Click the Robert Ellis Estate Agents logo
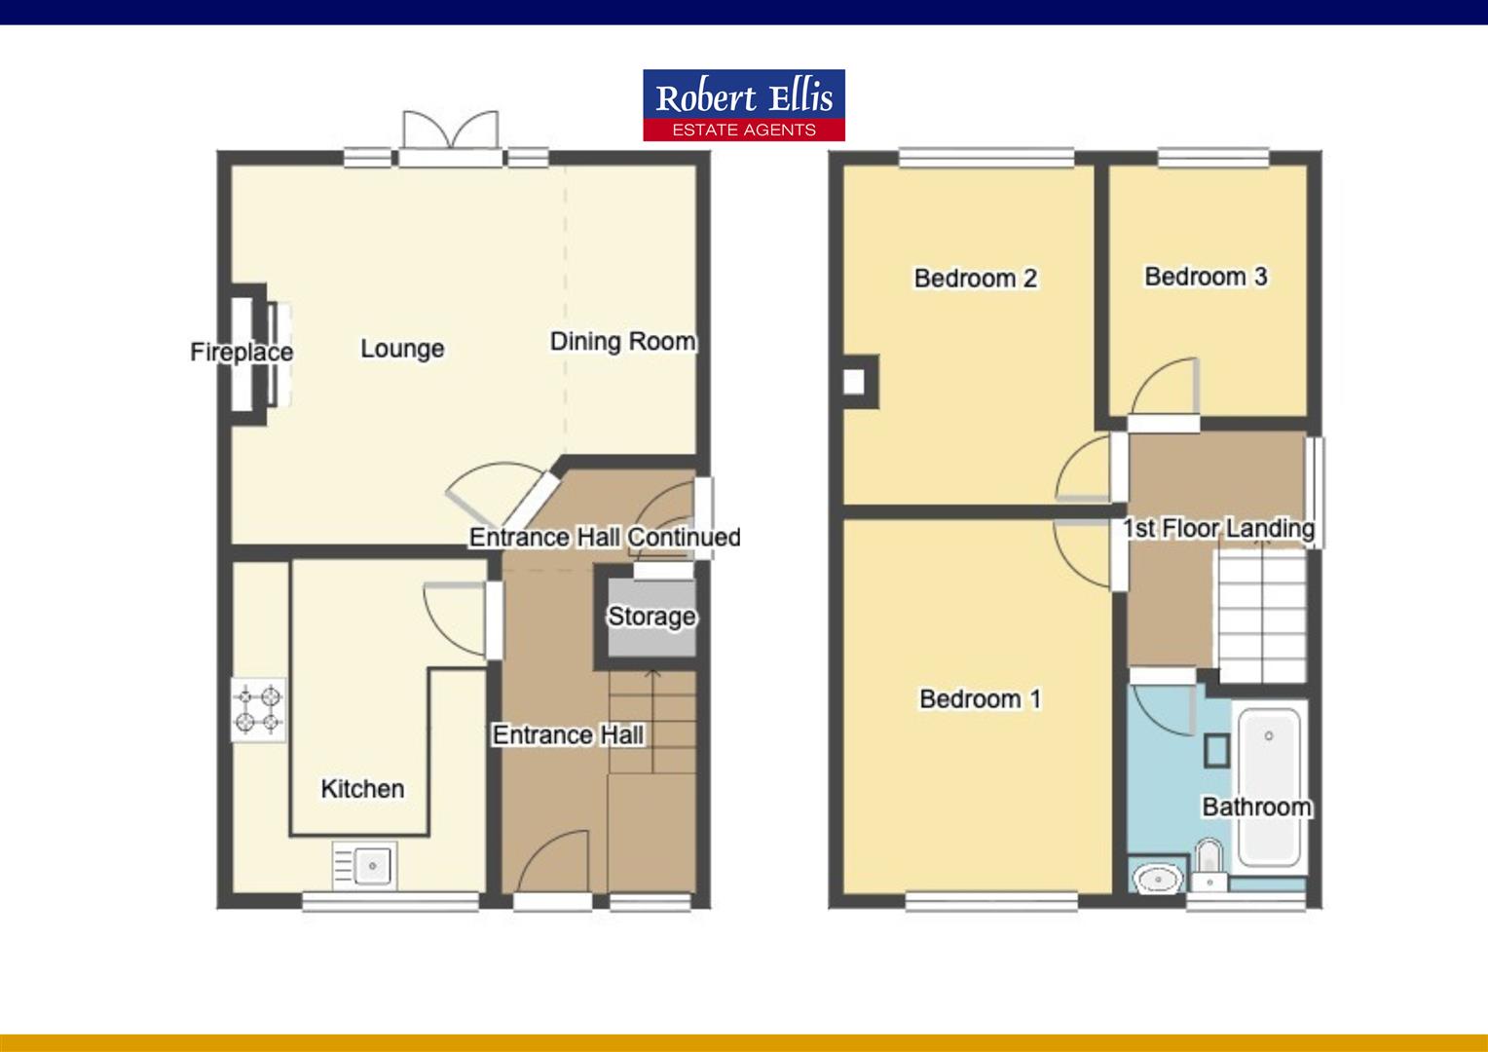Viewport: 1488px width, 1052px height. coord(743,105)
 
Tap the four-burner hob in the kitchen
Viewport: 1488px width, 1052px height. coord(258,709)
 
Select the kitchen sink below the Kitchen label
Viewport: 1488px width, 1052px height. coord(364,865)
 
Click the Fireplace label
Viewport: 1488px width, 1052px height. coord(242,352)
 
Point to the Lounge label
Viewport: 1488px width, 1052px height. coord(402,349)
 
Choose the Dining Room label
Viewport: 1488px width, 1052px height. coord(622,342)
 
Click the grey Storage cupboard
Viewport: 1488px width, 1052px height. coord(651,618)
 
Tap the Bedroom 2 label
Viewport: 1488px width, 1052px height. coord(975,279)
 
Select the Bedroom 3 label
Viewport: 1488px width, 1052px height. coord(1206,277)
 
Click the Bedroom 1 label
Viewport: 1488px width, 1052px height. coord(980,699)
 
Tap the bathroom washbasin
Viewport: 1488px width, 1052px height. coord(1159,878)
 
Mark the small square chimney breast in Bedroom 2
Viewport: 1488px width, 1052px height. coord(854,381)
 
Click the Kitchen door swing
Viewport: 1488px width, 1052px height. coord(456,616)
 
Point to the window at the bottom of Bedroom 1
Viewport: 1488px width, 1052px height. coord(990,903)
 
